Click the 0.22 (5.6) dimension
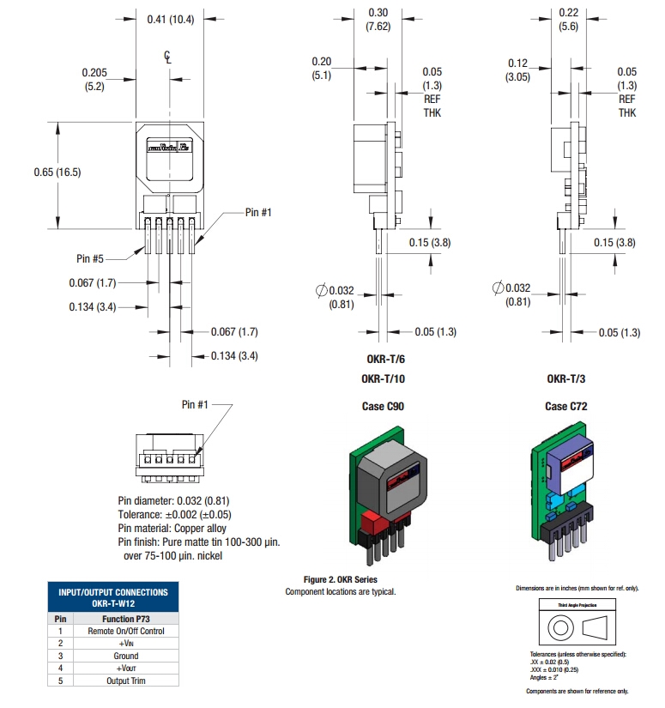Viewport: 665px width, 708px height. [568, 18]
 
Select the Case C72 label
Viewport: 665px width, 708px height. [567, 406]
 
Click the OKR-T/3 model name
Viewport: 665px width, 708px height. [567, 378]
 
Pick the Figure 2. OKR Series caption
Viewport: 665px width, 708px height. [341, 580]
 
